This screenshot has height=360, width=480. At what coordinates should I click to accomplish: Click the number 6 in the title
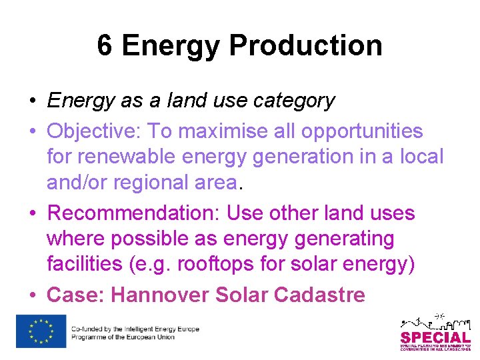pyautogui.click(x=105, y=46)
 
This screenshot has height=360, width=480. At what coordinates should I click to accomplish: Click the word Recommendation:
pyautogui.click(x=134, y=213)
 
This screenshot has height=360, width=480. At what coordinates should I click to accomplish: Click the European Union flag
pyautogui.click(x=41, y=331)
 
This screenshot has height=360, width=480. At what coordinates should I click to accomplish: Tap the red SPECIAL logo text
pyautogui.click(x=435, y=337)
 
